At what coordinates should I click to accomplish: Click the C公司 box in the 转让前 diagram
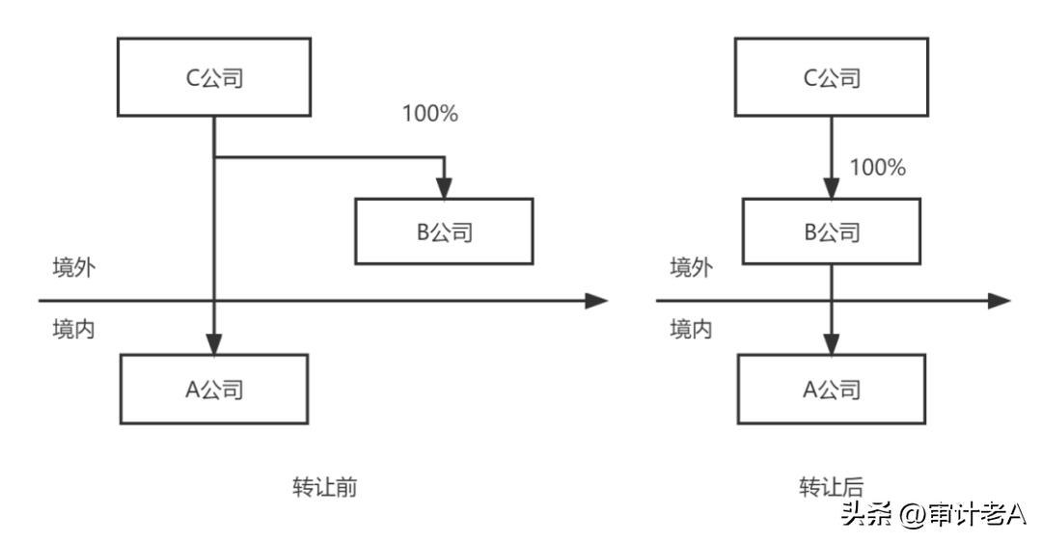coord(213,78)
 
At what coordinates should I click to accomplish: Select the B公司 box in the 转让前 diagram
coord(444,231)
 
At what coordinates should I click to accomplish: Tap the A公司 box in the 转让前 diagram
coord(213,389)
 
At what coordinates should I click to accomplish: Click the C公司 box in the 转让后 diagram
coord(831,78)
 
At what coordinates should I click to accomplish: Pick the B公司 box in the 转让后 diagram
coord(831,231)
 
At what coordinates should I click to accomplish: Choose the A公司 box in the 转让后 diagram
coord(831,389)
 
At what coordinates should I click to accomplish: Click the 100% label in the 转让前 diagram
coord(429,113)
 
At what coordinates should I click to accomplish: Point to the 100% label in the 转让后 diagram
coord(877,168)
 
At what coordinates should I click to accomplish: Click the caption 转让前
coord(325,487)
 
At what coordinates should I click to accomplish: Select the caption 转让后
coord(831,487)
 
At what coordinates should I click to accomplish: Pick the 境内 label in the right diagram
coord(691,329)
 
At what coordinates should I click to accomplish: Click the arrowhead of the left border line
coord(597,300)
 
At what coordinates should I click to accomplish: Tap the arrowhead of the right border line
coord(999,300)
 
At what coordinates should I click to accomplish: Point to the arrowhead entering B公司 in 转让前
coord(444,189)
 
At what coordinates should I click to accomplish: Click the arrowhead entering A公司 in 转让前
coord(213,344)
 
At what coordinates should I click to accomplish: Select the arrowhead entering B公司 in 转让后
coord(831,189)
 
